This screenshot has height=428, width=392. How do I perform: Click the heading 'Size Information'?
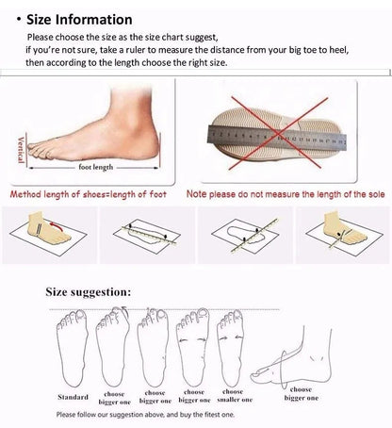pos(78,19)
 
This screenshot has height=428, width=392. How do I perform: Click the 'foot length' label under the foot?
pos(96,167)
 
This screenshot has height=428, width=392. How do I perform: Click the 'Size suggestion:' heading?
pos(90,292)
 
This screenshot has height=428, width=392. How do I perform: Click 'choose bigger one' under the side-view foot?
pos(302,391)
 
